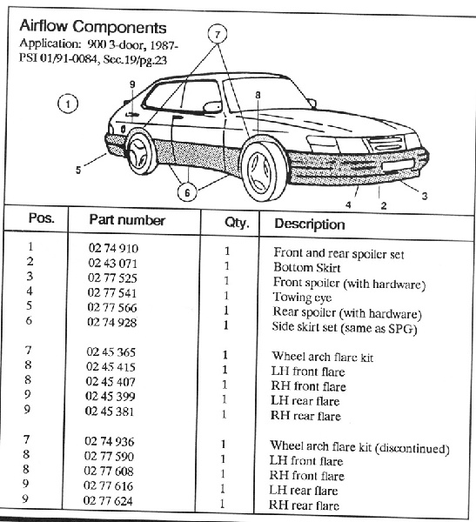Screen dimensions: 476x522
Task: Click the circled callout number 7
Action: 218,34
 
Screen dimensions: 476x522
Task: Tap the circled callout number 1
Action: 68,104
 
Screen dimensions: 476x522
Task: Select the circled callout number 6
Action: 187,192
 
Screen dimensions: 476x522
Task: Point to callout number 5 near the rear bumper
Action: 78,171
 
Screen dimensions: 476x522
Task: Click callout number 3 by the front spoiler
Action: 425,196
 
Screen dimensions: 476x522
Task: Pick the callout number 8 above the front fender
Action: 258,95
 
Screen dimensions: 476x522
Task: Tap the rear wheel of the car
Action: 141,152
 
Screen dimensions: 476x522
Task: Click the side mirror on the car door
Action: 212,106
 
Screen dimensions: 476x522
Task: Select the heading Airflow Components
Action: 93,27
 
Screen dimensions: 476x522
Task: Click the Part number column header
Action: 127,220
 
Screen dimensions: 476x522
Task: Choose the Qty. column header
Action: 237,223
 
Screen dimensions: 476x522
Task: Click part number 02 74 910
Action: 113,248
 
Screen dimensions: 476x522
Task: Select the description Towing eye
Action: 302,298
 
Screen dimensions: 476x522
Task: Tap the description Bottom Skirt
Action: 307,268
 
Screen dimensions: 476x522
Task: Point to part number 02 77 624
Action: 108,501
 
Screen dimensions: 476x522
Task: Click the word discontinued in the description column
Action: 412,448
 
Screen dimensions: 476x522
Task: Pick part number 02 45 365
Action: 111,351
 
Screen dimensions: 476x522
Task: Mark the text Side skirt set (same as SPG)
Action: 345,328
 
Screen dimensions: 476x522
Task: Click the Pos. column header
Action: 41,218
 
